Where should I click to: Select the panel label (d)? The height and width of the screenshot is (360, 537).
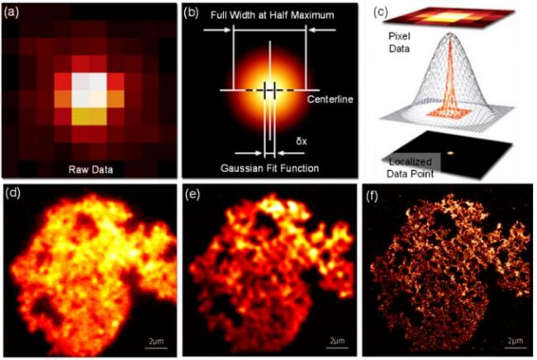(x=15, y=196)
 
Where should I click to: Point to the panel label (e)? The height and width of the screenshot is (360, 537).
(x=192, y=196)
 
